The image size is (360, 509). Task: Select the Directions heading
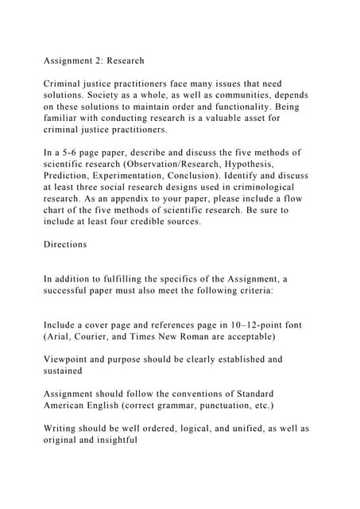(66, 244)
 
